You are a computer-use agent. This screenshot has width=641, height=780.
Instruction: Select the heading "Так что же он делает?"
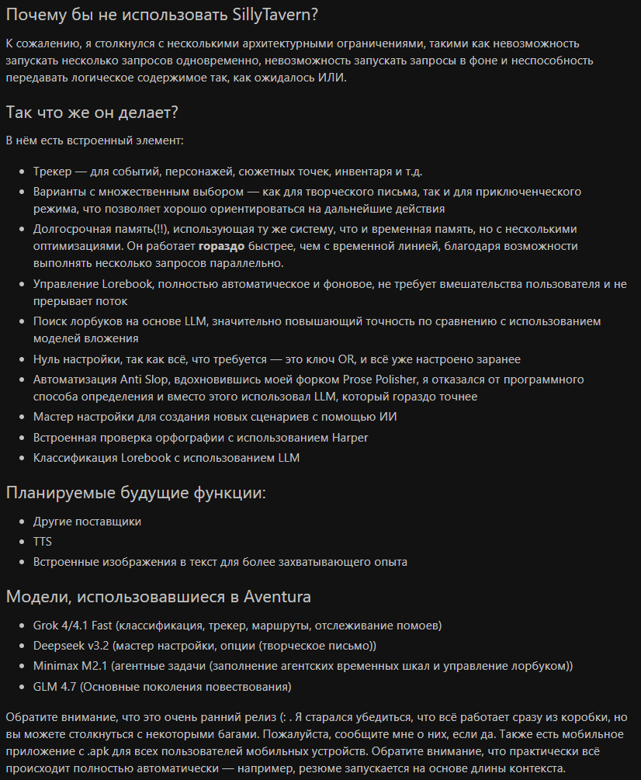(x=92, y=112)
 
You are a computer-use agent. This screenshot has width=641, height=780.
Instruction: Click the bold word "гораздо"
(x=221, y=245)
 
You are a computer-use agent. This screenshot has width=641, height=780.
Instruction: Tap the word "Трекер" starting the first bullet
(x=52, y=172)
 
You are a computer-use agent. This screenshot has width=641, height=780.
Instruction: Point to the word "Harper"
(x=350, y=438)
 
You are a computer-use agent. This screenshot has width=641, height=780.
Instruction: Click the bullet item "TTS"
(x=43, y=542)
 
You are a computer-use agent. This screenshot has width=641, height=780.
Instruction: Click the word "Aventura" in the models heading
(x=278, y=597)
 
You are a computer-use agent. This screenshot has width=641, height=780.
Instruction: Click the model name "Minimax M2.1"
(x=71, y=666)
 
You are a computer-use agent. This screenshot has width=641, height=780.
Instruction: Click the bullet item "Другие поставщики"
(x=87, y=522)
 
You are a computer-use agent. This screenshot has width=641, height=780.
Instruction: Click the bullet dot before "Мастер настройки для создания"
(x=22, y=417)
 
